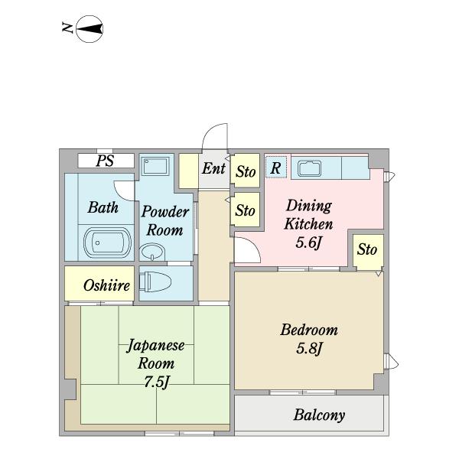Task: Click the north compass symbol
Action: (90, 29)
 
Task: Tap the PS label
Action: (105, 161)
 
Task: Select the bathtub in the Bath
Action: (107, 243)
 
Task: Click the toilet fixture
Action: (155, 282)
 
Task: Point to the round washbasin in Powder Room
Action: (152, 252)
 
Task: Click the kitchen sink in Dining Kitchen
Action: (309, 168)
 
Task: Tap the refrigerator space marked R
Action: (275, 168)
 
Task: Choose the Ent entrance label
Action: (213, 168)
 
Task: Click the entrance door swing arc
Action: (208, 132)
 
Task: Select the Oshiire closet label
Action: (106, 285)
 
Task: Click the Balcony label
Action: (319, 415)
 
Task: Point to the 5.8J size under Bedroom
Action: (309, 348)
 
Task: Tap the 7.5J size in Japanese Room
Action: (157, 382)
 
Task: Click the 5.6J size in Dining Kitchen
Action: (309, 243)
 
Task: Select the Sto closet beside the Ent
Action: (246, 171)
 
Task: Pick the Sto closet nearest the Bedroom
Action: (368, 252)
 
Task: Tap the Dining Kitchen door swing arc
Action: (251, 246)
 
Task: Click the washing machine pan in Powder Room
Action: (155, 166)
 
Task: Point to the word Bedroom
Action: (309, 330)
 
